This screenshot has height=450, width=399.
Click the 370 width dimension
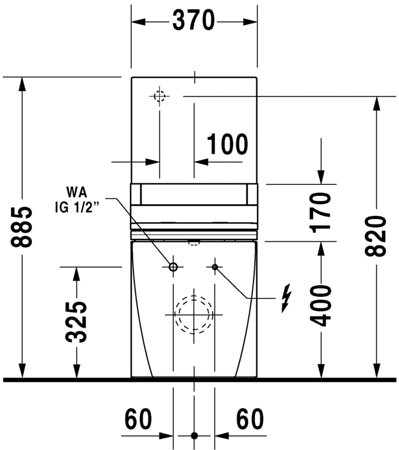tap(194, 21)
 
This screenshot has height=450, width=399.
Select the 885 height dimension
tap(22, 227)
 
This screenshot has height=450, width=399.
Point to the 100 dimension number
tap(227, 145)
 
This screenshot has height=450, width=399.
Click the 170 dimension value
tap(320, 212)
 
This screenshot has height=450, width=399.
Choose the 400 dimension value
tap(320, 306)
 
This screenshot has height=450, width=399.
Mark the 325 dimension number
tap(76, 321)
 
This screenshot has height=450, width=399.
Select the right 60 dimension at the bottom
tap(249, 418)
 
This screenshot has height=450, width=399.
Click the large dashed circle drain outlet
tap(194, 314)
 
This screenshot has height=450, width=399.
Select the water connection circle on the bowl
tap(173, 267)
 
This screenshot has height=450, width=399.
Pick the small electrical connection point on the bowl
tap(215, 267)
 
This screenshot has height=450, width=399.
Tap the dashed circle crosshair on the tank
tap(159, 96)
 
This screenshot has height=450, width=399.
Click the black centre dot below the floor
tap(194, 436)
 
